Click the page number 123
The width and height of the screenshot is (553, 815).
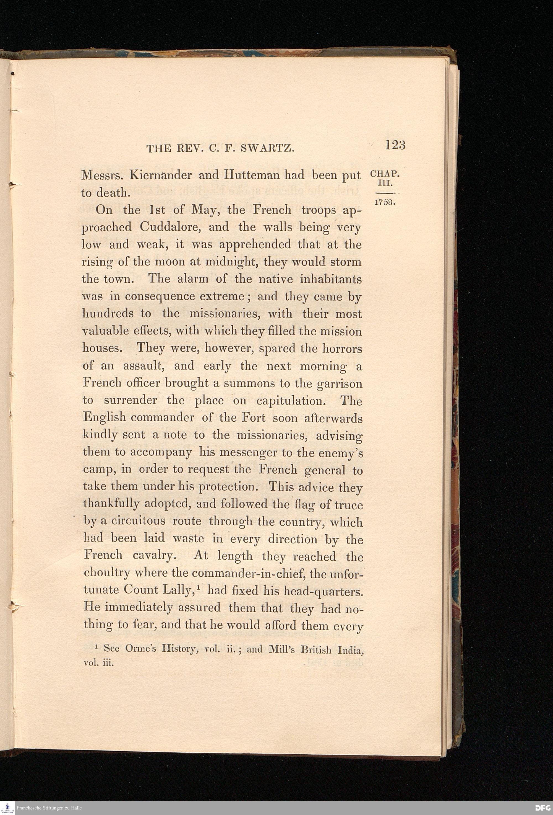[x=395, y=145]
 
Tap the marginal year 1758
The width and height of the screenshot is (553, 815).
[x=385, y=203]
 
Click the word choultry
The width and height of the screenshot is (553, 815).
[x=107, y=573]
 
